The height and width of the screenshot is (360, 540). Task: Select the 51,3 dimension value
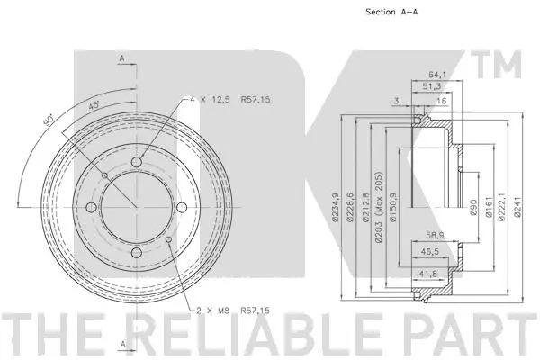[x=434, y=87]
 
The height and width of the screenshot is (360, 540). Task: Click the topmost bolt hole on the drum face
[x=137, y=162]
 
